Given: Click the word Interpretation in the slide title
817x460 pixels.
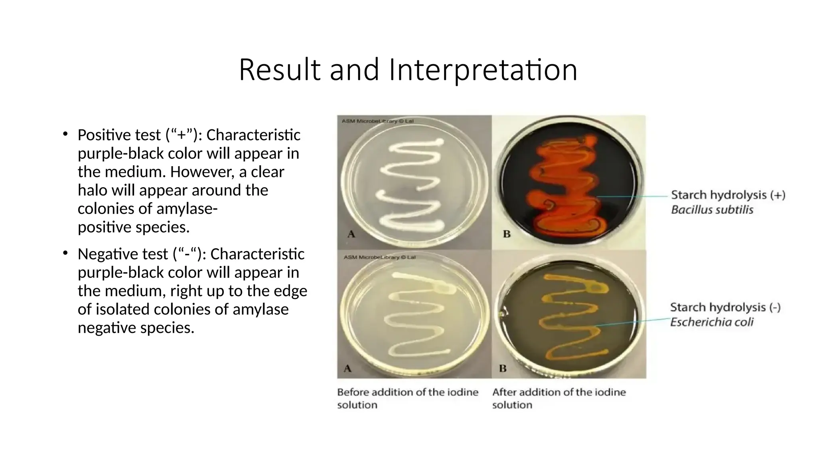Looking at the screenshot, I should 483,70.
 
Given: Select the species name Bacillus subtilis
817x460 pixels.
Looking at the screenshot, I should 712,210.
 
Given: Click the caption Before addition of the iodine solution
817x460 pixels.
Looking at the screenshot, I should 407,398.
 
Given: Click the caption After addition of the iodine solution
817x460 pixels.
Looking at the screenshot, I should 558,398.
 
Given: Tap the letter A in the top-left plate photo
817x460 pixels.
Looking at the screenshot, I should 351,234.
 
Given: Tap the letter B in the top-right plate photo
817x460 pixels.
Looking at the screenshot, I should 507,234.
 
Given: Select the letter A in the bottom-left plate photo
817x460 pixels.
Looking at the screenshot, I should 348,368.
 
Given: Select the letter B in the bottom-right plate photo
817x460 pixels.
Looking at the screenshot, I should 503,368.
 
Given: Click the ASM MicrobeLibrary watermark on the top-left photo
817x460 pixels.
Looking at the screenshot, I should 377,121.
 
